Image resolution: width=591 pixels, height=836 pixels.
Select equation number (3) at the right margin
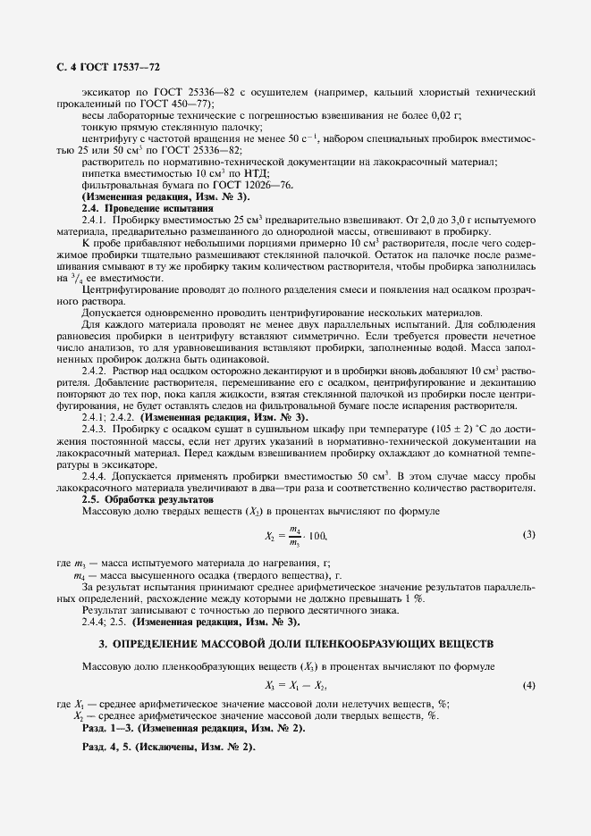click(528, 534)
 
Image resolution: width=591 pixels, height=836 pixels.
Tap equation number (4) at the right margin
click(528, 685)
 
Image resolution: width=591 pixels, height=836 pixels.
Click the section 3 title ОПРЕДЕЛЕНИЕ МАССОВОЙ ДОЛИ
click(295, 643)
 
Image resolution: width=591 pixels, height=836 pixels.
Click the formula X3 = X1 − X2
click(296, 685)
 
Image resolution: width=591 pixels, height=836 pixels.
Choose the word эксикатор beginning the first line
click(106, 93)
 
